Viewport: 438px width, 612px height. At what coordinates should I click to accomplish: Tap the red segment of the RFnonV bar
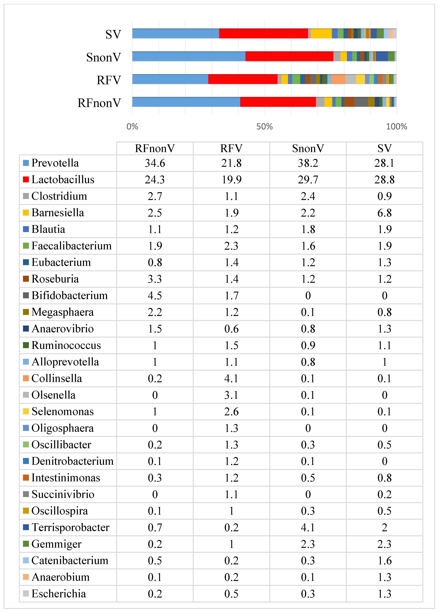[278, 102]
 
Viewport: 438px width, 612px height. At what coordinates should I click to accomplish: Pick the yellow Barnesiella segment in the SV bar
[321, 33]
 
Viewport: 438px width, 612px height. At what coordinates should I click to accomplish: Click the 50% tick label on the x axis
[264, 127]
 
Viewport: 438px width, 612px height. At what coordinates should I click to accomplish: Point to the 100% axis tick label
[396, 127]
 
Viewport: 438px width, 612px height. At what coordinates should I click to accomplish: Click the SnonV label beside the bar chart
[104, 57]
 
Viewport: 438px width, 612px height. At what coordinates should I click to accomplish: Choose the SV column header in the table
[384, 148]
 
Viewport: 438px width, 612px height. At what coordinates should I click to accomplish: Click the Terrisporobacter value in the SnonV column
[308, 527]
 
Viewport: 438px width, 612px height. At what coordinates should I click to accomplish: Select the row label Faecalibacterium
[72, 246]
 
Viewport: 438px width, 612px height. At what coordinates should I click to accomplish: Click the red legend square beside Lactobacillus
[26, 179]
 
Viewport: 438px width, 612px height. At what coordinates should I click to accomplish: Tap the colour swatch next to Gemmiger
[26, 544]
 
